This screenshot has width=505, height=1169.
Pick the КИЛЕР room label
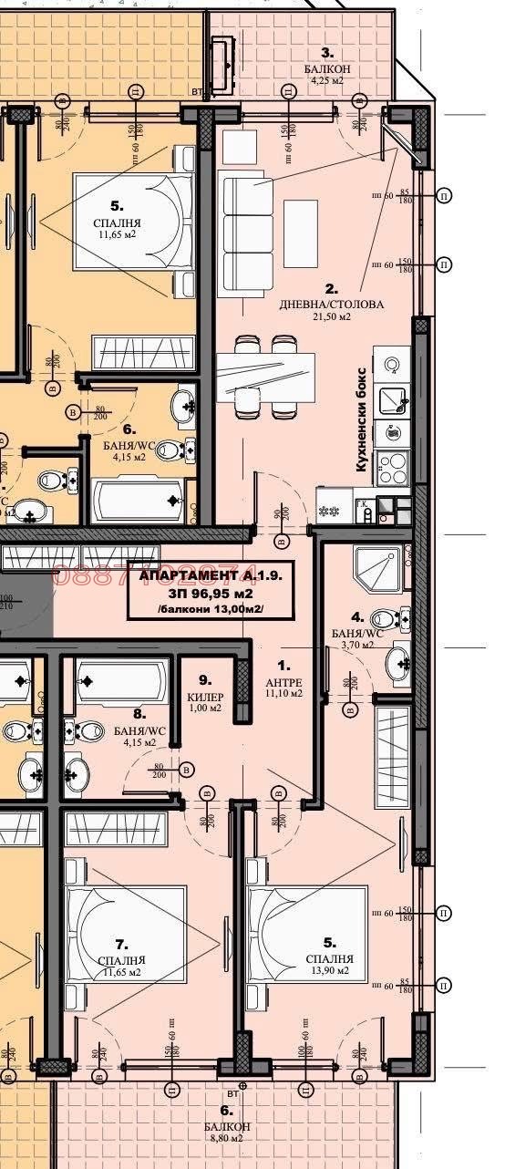[x=205, y=697]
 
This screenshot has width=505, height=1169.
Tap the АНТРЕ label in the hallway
[x=283, y=681]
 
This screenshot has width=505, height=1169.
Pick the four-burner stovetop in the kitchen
[x=395, y=467]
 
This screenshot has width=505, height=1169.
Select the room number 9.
[x=205, y=679]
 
